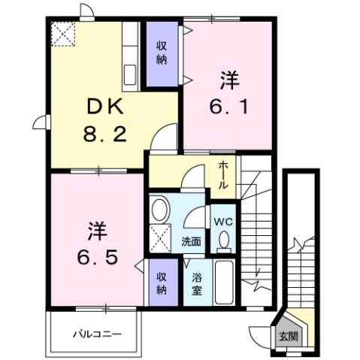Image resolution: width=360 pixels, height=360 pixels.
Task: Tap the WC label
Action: pyautogui.click(x=223, y=222)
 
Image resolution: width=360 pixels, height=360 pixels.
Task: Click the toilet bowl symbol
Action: pyautogui.click(x=223, y=241)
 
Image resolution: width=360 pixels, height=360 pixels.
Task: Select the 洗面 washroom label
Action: pyautogui.click(x=191, y=242)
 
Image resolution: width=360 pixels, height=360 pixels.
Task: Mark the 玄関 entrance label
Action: pyautogui.click(x=288, y=336)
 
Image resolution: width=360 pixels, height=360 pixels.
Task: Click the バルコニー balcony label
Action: pyautogui.click(x=96, y=333)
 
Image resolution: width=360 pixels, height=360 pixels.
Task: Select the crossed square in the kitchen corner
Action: pyautogui.click(x=63, y=34)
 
